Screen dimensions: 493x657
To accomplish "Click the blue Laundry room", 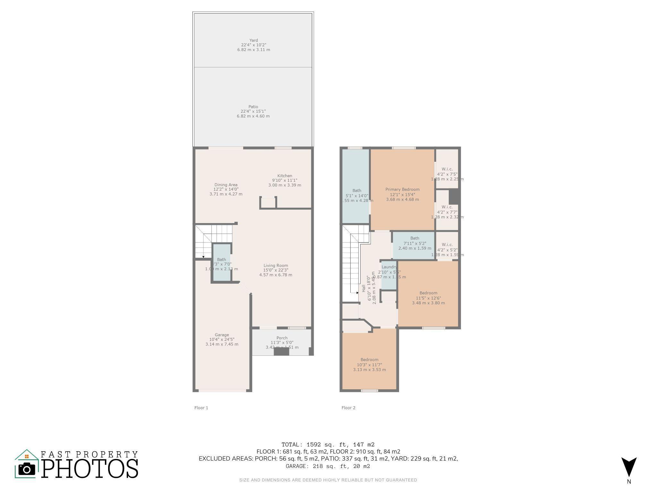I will click(389, 276).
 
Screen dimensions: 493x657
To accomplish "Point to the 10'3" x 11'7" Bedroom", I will click(370, 365).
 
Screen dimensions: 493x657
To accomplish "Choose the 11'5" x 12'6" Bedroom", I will click(428, 298).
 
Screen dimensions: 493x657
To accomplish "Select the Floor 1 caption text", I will click(201, 408).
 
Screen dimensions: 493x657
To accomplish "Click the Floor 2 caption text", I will click(348, 408).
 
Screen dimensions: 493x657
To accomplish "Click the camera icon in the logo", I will click(27, 469).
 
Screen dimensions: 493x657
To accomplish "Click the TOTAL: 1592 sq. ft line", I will click(328, 445).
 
